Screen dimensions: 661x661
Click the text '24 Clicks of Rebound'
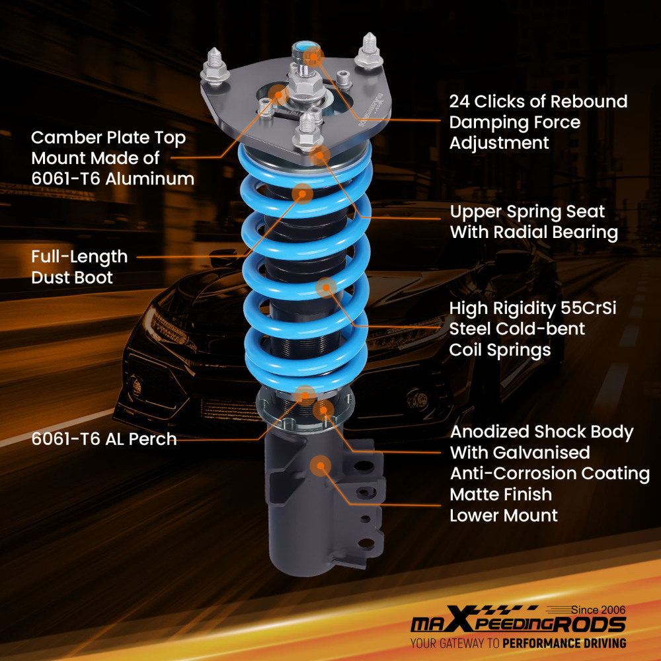pos(538,102)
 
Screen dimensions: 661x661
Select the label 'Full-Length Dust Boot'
pos(79,266)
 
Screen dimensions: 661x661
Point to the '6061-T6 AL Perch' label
pos(104,439)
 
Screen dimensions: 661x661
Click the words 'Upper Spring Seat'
pos(527,212)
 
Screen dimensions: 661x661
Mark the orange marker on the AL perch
pos(305,395)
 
